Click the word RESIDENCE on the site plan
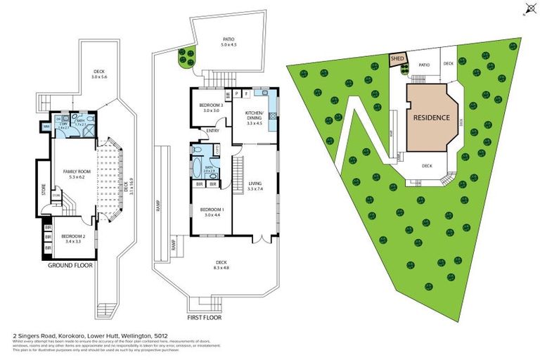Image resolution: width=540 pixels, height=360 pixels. (x=431, y=117)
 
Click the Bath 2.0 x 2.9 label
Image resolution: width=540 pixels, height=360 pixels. (x=209, y=169)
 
